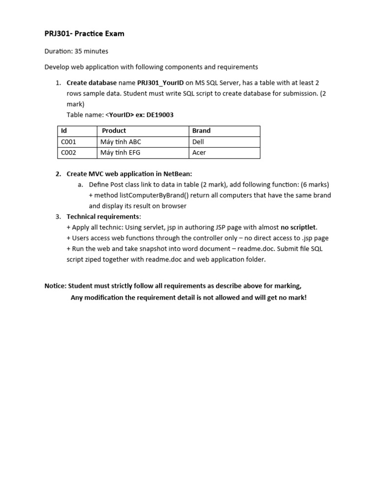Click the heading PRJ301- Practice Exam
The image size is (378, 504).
point(84,34)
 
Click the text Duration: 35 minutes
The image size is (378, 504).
point(76,51)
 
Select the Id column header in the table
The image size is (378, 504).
point(64,131)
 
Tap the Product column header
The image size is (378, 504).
point(114,131)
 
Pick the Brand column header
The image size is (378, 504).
point(201,131)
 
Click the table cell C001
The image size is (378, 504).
point(68,142)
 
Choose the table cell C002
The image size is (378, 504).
point(68,153)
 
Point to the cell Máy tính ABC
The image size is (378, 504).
point(121,142)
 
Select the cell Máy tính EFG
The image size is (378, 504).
point(120,153)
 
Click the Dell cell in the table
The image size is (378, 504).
point(198,142)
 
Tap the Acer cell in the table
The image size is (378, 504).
point(199,153)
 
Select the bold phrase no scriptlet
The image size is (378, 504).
point(298,227)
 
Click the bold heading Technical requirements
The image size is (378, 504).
point(103,217)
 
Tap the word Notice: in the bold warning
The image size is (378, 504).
point(55,286)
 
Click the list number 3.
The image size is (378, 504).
point(58,217)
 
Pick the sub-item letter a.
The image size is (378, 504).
point(80,185)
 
